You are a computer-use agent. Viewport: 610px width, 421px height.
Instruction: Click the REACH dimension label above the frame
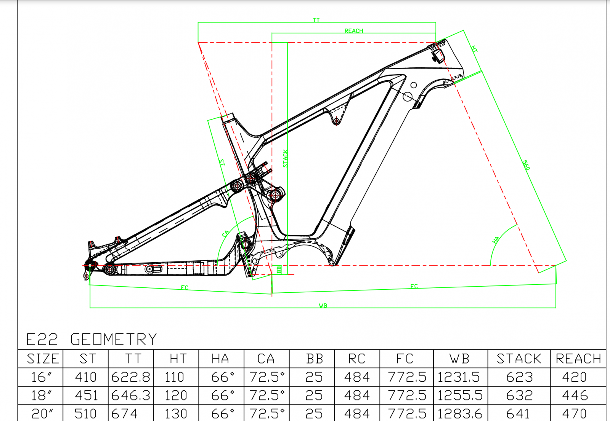[353, 31]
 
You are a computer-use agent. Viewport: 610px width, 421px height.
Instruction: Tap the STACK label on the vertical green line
[286, 158]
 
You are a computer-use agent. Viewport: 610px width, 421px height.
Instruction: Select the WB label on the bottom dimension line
[323, 306]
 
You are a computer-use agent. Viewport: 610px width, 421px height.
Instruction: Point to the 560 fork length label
[526, 165]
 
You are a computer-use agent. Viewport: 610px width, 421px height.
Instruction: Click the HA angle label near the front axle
[496, 240]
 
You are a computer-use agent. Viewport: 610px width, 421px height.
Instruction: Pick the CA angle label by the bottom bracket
[226, 233]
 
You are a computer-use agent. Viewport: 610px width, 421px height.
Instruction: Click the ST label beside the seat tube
[222, 163]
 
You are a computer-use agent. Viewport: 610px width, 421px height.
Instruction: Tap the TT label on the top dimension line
[316, 20]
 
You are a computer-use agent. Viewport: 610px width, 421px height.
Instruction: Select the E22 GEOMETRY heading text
[91, 339]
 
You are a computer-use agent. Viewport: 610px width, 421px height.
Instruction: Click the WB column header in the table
[459, 359]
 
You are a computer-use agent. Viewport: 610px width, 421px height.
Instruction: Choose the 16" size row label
[41, 377]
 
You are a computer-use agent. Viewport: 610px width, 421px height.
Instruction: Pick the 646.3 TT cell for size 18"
[131, 395]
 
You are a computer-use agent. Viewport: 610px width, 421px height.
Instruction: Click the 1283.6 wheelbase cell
[460, 413]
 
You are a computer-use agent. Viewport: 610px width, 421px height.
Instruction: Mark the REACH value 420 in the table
[574, 377]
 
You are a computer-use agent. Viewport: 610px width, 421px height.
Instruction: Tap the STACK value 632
[519, 395]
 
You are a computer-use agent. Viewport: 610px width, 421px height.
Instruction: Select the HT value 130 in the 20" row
[176, 413]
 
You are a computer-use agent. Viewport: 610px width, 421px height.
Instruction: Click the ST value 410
[86, 377]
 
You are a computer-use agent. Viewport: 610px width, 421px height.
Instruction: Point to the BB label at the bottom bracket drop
[279, 270]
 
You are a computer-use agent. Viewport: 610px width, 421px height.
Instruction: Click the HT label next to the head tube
[474, 49]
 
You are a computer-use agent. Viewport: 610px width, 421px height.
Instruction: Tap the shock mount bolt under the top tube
[336, 121]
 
